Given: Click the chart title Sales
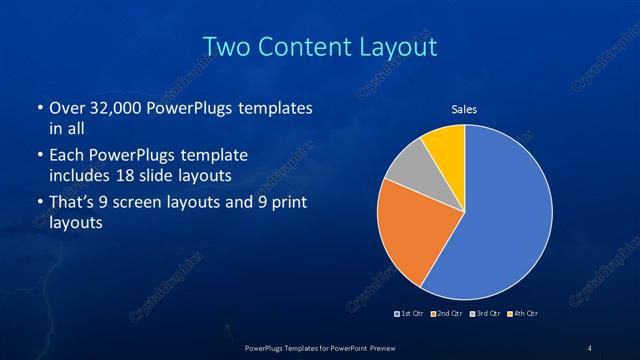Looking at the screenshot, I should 464,108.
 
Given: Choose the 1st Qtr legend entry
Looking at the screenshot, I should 412,314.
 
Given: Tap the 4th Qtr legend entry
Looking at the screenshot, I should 521,314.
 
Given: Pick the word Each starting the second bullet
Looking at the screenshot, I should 66,156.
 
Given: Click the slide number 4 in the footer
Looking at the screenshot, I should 590,347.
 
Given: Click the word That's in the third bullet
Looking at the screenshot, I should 73,203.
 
